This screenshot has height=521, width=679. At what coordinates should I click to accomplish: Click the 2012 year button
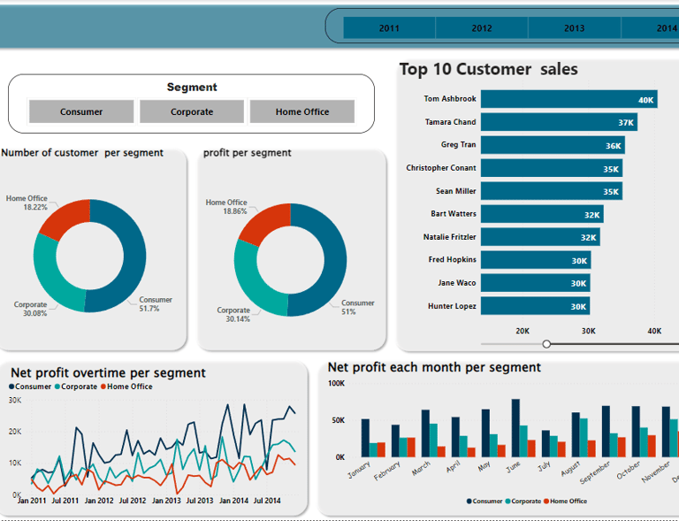482,28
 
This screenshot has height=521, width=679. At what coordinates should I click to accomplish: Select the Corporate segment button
192,111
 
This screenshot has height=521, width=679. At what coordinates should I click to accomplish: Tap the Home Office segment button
302,111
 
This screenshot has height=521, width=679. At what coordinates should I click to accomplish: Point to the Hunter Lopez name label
453,306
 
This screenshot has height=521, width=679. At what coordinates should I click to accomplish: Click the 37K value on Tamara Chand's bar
626,123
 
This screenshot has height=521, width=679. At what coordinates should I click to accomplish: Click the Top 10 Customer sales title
488,69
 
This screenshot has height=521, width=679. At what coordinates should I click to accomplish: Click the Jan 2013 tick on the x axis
166,501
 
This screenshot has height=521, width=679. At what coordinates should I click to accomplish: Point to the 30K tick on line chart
15,400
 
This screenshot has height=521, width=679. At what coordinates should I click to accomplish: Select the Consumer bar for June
515,427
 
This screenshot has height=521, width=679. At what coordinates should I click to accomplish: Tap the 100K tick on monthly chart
336,383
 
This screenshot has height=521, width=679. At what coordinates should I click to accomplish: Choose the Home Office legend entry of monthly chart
566,502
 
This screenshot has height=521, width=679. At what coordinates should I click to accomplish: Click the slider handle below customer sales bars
546,343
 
